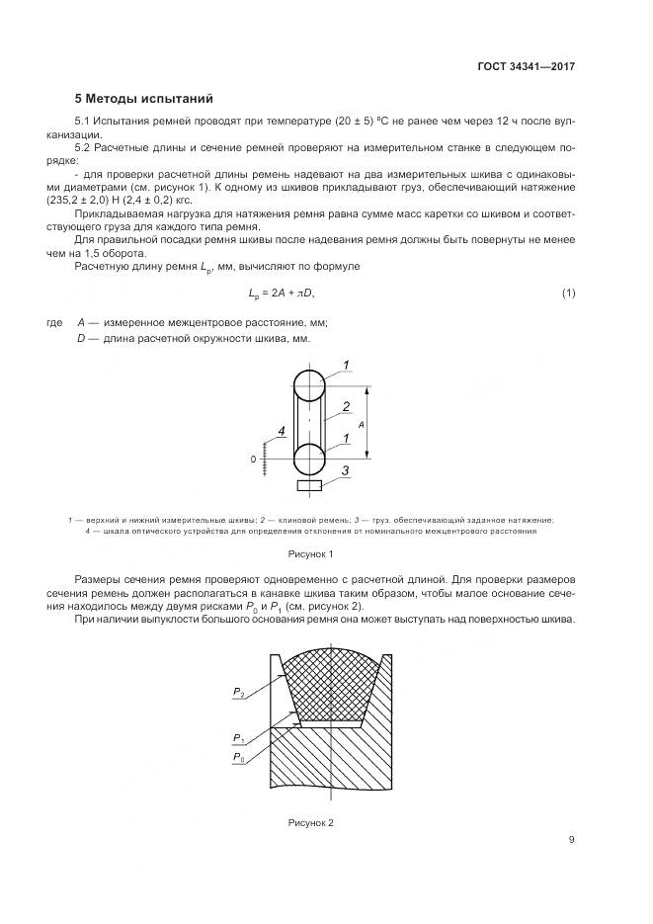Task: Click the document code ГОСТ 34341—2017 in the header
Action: pos(527,66)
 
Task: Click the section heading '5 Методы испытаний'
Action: pos(143,99)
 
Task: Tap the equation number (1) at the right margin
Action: pos(568,294)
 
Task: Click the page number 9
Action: pos(571,840)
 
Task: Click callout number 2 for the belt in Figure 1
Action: pos(346,406)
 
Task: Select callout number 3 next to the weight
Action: pos(346,471)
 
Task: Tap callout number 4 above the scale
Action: pos(282,432)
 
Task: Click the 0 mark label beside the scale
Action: pos(254,460)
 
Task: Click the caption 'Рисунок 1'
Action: pos(311,554)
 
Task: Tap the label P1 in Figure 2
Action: pos(239,738)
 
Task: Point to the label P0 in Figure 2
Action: pos(239,757)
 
